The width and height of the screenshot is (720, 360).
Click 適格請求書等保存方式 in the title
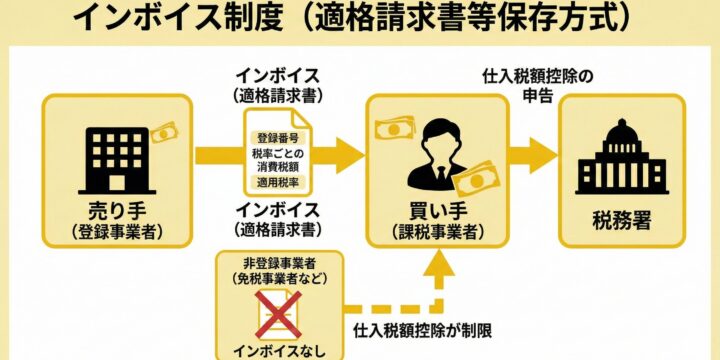tap(470, 19)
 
